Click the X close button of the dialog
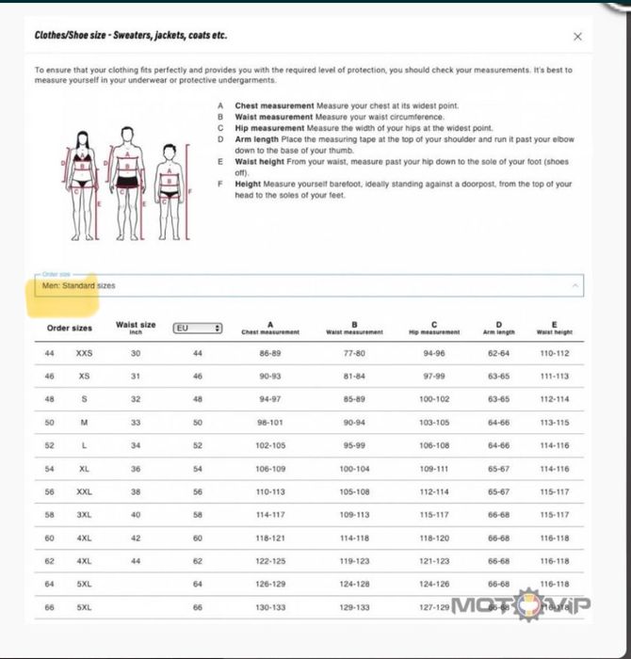pyautogui.click(x=577, y=37)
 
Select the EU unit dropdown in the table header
pyautogui.click(x=198, y=328)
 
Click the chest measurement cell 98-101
pyautogui.click(x=270, y=423)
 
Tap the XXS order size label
pyautogui.click(x=85, y=353)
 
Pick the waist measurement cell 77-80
pyautogui.click(x=354, y=353)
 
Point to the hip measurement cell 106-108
pyautogui.click(x=434, y=445)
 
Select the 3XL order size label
pyautogui.click(x=85, y=515)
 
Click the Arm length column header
pyautogui.click(x=499, y=329)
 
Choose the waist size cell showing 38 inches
pyautogui.click(x=136, y=491)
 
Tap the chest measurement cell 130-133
pyautogui.click(x=270, y=607)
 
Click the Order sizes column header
pyautogui.click(x=70, y=329)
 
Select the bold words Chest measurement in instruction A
pyautogui.click(x=275, y=106)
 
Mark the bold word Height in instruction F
pyautogui.click(x=248, y=185)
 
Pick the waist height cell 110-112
pyautogui.click(x=554, y=353)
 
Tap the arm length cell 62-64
pyautogui.click(x=499, y=353)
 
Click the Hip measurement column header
pyautogui.click(x=434, y=329)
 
